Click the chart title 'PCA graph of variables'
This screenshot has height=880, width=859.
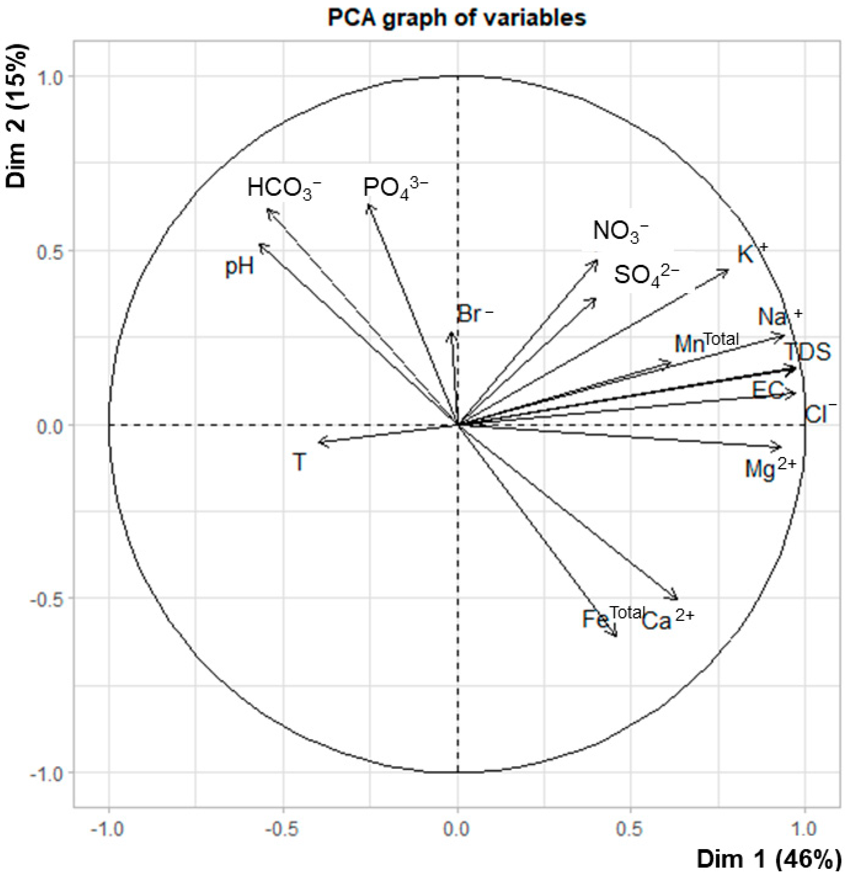click(x=457, y=18)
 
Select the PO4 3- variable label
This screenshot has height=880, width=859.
click(x=395, y=188)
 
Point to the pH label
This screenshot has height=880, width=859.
click(x=240, y=266)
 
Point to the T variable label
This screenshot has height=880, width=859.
click(x=299, y=462)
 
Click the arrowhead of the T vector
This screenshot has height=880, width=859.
click(x=320, y=442)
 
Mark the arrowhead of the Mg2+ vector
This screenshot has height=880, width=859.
click(x=780, y=448)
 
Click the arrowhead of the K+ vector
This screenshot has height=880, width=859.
click(x=728, y=271)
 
